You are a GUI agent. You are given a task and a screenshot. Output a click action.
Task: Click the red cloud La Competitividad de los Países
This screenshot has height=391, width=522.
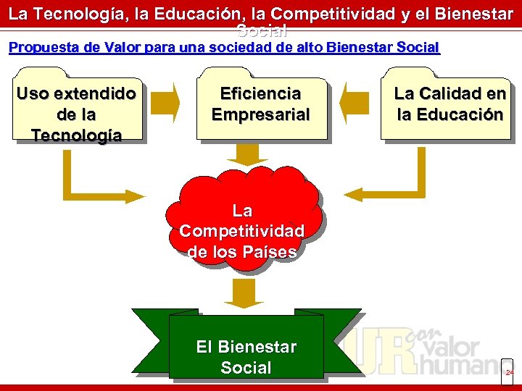242,224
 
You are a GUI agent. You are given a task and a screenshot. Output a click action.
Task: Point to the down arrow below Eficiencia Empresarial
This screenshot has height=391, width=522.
237,153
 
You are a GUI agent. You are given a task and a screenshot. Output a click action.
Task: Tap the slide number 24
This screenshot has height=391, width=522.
509,372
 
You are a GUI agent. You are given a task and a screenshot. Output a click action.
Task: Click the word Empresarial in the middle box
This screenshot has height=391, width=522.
260,114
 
